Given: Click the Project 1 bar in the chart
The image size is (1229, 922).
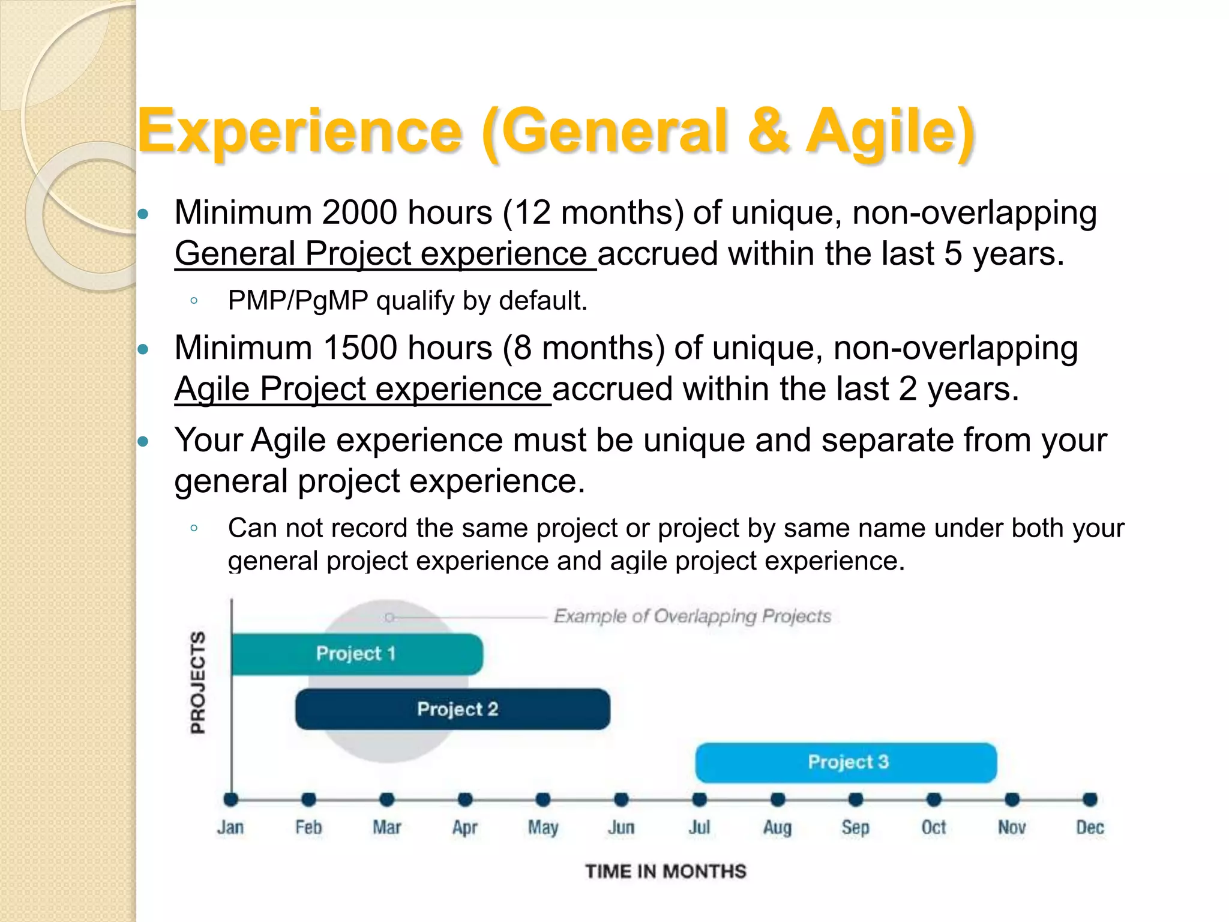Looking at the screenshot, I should point(356,654).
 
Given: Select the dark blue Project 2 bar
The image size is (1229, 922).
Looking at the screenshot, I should point(454,709).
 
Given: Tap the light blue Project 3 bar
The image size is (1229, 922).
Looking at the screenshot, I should point(846,762).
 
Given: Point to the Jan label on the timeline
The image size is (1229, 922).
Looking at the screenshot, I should point(230,827).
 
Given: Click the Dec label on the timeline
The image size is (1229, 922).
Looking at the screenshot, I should point(1090,827).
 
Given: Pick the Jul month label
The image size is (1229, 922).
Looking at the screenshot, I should point(699,827).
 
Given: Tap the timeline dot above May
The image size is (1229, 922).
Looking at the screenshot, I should point(543,800).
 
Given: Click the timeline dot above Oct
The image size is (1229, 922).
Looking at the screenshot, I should point(934,800).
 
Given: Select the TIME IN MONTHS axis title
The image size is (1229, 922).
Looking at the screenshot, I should point(666,871).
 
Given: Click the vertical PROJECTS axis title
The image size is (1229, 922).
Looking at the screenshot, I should point(198,682).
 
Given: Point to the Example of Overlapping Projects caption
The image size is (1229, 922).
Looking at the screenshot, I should point(692,616).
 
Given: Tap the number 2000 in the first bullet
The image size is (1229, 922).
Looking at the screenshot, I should point(359,212).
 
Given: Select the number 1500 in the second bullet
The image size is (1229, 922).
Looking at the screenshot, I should point(359,348).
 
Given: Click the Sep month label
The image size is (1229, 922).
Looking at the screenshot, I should point(855,827).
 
